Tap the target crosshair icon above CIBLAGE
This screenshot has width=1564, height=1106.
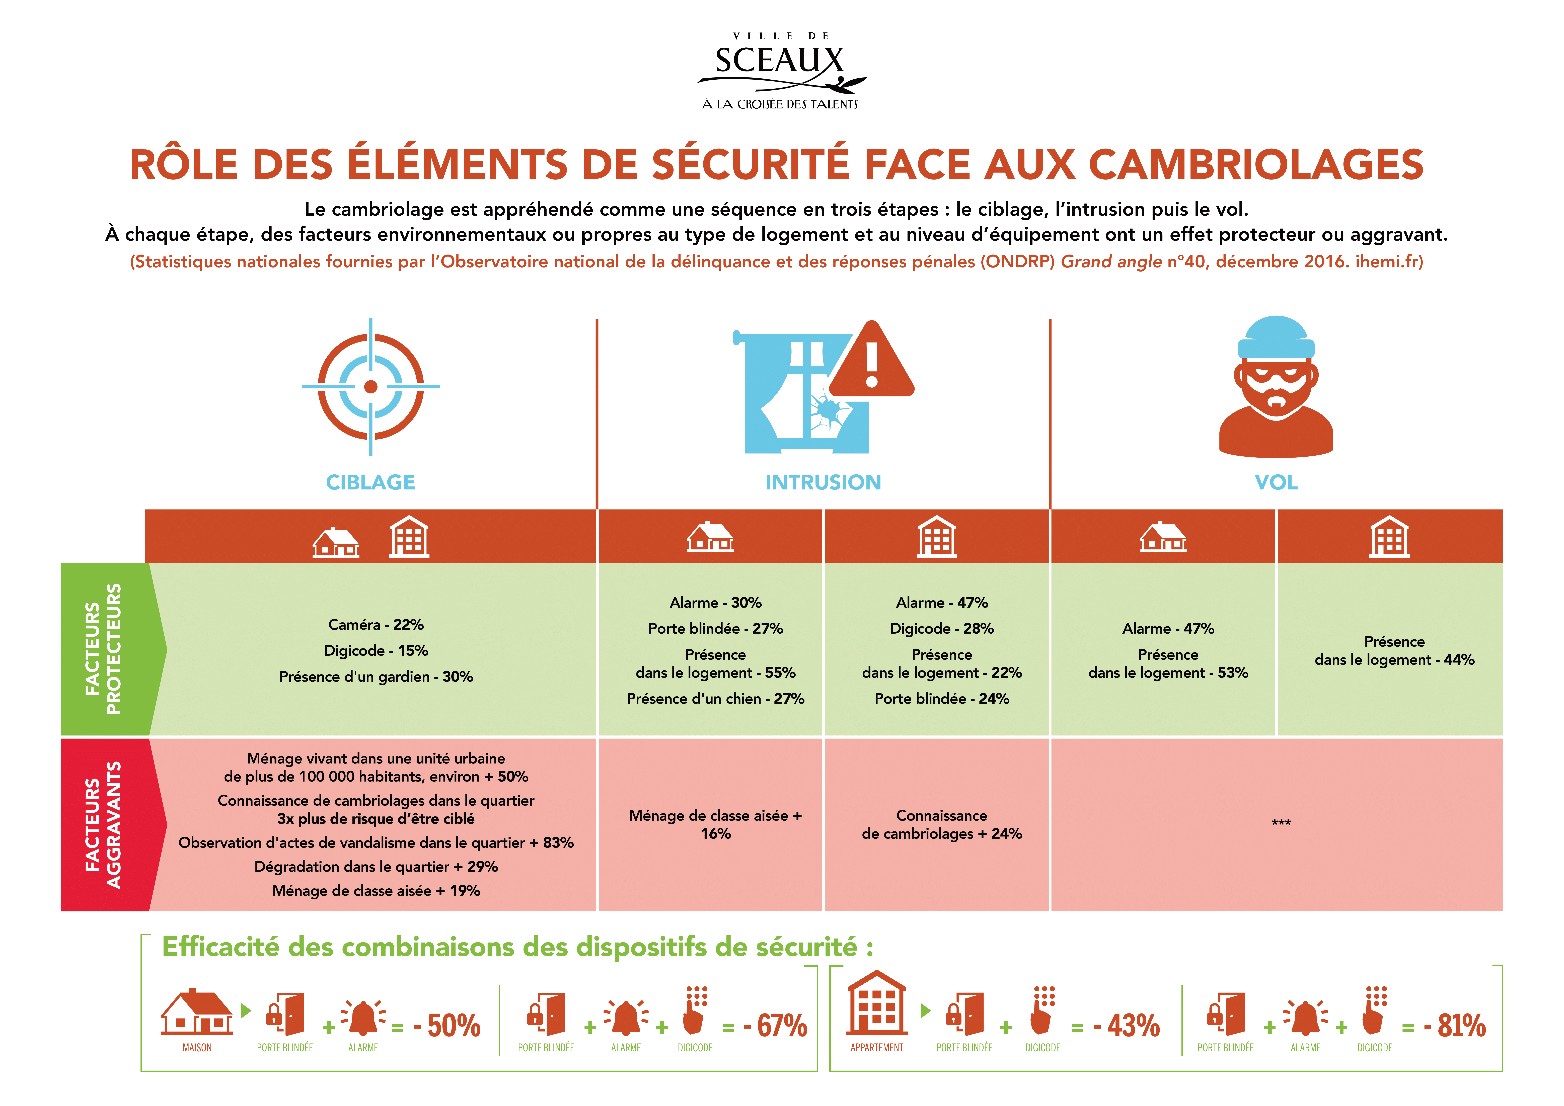370,387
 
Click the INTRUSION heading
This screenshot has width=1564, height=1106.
823,482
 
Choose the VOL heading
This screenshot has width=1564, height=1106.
1276,482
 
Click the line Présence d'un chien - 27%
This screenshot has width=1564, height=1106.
715,699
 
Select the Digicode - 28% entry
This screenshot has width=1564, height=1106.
941,629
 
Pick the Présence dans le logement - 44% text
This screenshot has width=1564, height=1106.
1394,650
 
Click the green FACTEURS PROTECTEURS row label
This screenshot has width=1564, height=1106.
104,649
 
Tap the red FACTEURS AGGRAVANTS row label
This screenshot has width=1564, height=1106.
104,825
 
